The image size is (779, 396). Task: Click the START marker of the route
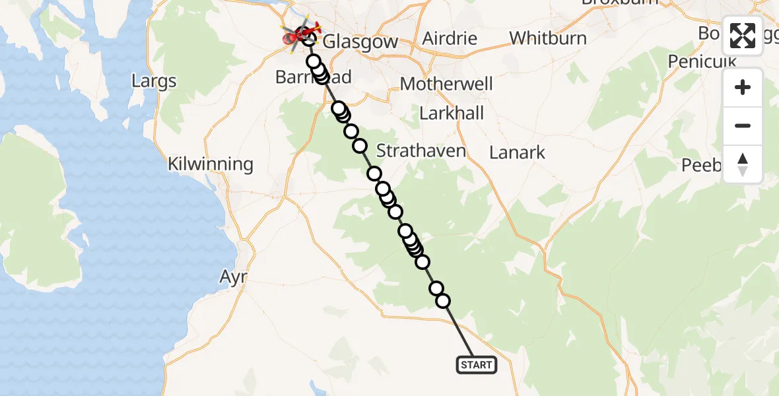(x=476, y=365)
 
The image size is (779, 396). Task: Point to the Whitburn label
(x=548, y=38)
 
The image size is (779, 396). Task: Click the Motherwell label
(x=446, y=84)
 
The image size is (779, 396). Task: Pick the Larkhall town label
(x=452, y=113)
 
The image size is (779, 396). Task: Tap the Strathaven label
(x=421, y=151)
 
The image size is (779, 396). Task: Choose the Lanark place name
(x=517, y=152)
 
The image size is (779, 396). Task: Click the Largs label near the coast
(x=154, y=82)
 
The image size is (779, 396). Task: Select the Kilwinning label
(x=211, y=164)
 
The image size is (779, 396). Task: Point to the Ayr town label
(x=233, y=277)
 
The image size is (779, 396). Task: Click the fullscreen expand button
(x=743, y=36)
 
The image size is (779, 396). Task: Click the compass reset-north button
(x=743, y=164)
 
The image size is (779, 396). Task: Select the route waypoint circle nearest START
(x=443, y=301)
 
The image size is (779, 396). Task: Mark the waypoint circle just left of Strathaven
(x=360, y=146)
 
